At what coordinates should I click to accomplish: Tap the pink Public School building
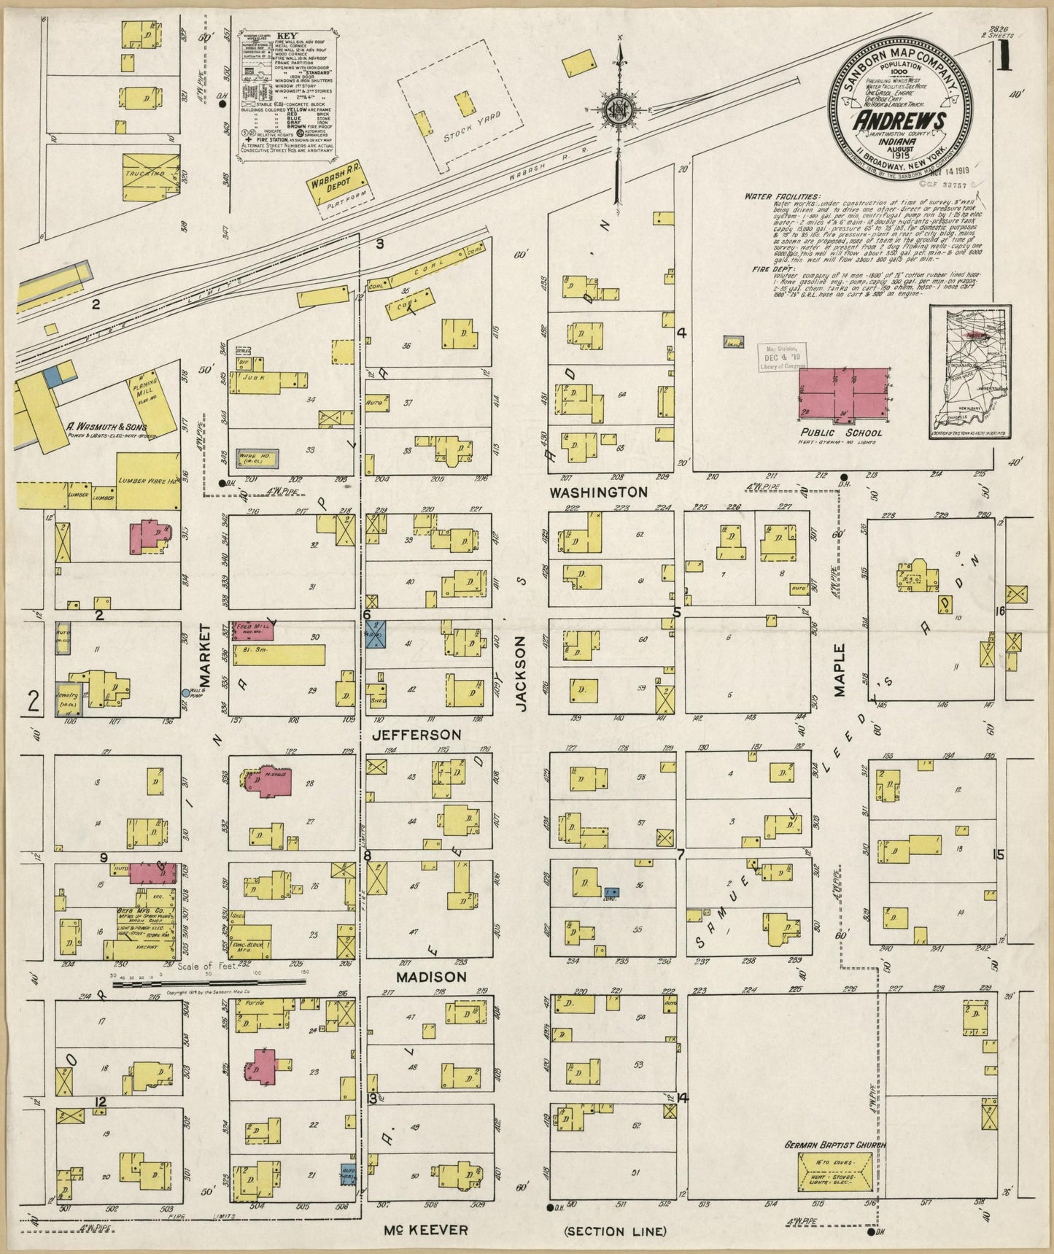click(844, 392)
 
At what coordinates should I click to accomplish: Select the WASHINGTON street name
click(598, 492)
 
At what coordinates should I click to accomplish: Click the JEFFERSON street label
click(416, 735)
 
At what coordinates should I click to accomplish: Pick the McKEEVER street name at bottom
click(425, 1230)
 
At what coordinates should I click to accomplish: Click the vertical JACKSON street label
click(521, 673)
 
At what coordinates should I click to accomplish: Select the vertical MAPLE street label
click(840, 670)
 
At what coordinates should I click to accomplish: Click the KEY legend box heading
click(286, 34)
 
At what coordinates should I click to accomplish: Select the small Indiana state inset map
click(970, 373)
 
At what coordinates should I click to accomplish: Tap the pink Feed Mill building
click(251, 631)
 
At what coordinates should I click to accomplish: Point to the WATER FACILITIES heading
click(782, 196)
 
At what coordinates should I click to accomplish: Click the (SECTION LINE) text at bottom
click(615, 1231)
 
